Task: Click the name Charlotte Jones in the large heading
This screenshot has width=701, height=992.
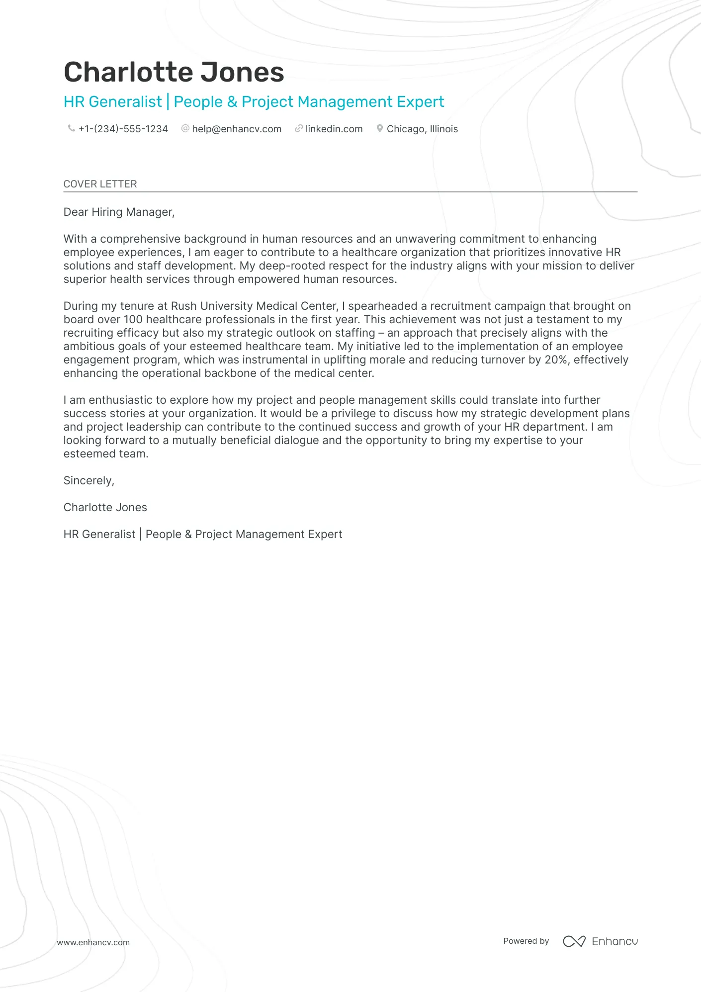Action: [174, 72]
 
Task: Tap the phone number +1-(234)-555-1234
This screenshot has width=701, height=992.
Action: [123, 129]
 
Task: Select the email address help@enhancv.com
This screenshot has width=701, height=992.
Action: [237, 129]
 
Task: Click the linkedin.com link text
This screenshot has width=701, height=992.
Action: [334, 129]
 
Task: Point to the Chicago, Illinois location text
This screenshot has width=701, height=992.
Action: [422, 129]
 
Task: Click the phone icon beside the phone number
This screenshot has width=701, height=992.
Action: [71, 128]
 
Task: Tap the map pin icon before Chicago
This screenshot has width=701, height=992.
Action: [379, 128]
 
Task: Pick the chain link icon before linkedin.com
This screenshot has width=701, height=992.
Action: [298, 128]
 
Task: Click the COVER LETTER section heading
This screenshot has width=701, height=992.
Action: [100, 184]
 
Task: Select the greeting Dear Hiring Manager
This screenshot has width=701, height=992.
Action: [119, 212]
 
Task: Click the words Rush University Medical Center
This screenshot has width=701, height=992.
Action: [254, 306]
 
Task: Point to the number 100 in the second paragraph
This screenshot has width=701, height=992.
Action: [133, 320]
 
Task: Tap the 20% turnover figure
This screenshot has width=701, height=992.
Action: [556, 360]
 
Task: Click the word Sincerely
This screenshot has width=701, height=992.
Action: [88, 481]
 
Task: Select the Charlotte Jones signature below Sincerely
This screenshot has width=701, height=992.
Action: [105, 508]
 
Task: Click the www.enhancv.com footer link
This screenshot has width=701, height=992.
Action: [93, 942]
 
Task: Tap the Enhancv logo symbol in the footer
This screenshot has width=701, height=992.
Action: [574, 941]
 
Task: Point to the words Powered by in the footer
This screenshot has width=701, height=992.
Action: [526, 941]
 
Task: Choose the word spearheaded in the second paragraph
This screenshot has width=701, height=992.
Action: [382, 306]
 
